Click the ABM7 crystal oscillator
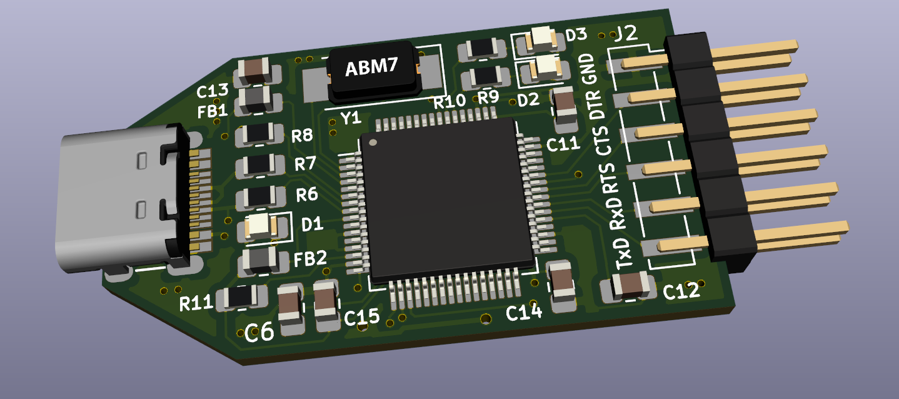click(x=373, y=71)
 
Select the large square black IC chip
click(x=448, y=199)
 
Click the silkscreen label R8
click(x=302, y=135)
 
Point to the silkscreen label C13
click(x=213, y=91)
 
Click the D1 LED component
click(x=263, y=225)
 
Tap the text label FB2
click(x=310, y=259)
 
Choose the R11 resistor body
click(x=241, y=297)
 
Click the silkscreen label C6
click(x=259, y=332)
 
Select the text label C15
click(x=361, y=317)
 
